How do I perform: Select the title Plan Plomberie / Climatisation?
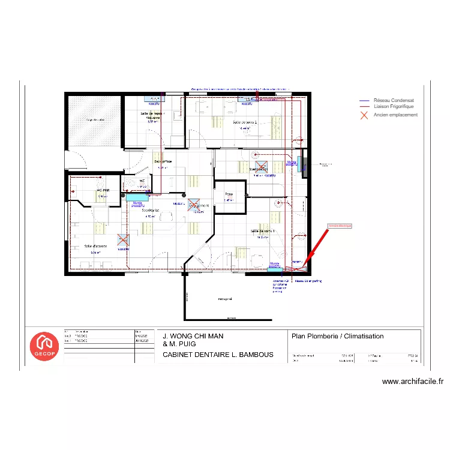(337, 336)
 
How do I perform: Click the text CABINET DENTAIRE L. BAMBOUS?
(218, 355)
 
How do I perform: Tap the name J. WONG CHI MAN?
(193, 336)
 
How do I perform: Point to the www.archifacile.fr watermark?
(412, 381)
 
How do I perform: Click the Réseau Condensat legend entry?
(394, 101)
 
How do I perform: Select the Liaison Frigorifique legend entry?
(394, 107)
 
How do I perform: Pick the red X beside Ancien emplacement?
(364, 115)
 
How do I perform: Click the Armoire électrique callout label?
(340, 226)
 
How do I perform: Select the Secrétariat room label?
(150, 211)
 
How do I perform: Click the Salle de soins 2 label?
(245, 122)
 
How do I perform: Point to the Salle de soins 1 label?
(262, 231)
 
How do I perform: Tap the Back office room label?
(163, 161)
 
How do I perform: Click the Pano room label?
(229, 194)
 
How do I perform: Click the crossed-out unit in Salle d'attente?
(123, 239)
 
